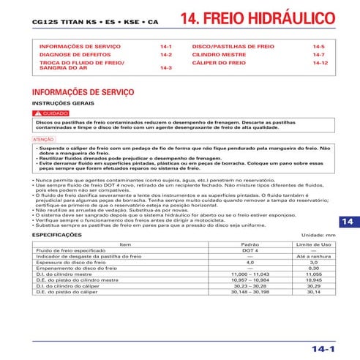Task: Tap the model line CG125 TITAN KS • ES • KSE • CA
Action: pos(95,23)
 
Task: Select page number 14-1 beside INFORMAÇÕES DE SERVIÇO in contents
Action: pos(165,47)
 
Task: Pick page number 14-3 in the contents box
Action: pos(165,67)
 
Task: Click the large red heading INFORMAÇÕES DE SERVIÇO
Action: pos(83,92)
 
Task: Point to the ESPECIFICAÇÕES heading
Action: pos(63,236)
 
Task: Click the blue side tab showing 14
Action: pos(348,222)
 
